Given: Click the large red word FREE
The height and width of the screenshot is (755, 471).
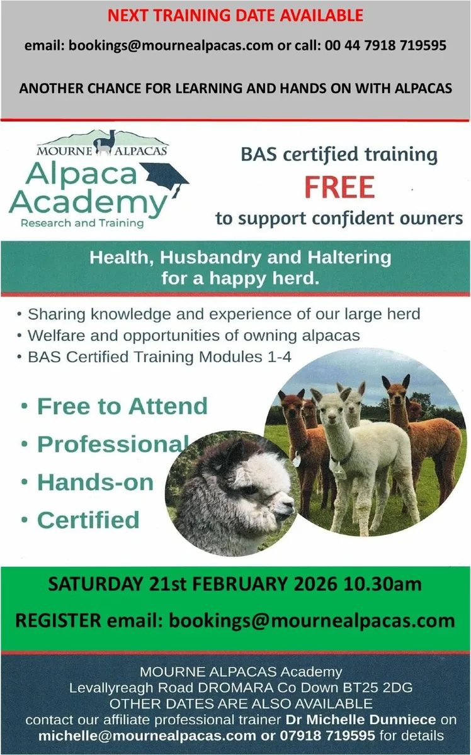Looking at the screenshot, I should tap(340, 187).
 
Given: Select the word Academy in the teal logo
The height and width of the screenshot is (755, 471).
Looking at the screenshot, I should tap(88, 203).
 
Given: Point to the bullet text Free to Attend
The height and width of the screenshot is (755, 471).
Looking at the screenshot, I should tap(122, 406).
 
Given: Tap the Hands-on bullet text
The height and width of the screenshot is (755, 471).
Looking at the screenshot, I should tap(95, 482).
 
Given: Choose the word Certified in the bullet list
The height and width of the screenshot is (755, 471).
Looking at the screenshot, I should tap(88, 520).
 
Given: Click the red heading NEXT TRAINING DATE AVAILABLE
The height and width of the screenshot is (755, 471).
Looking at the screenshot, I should tap(235, 14).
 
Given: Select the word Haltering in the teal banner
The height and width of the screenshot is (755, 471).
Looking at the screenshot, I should tap(340, 258).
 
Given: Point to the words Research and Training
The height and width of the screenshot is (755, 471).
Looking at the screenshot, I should tap(82, 223).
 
